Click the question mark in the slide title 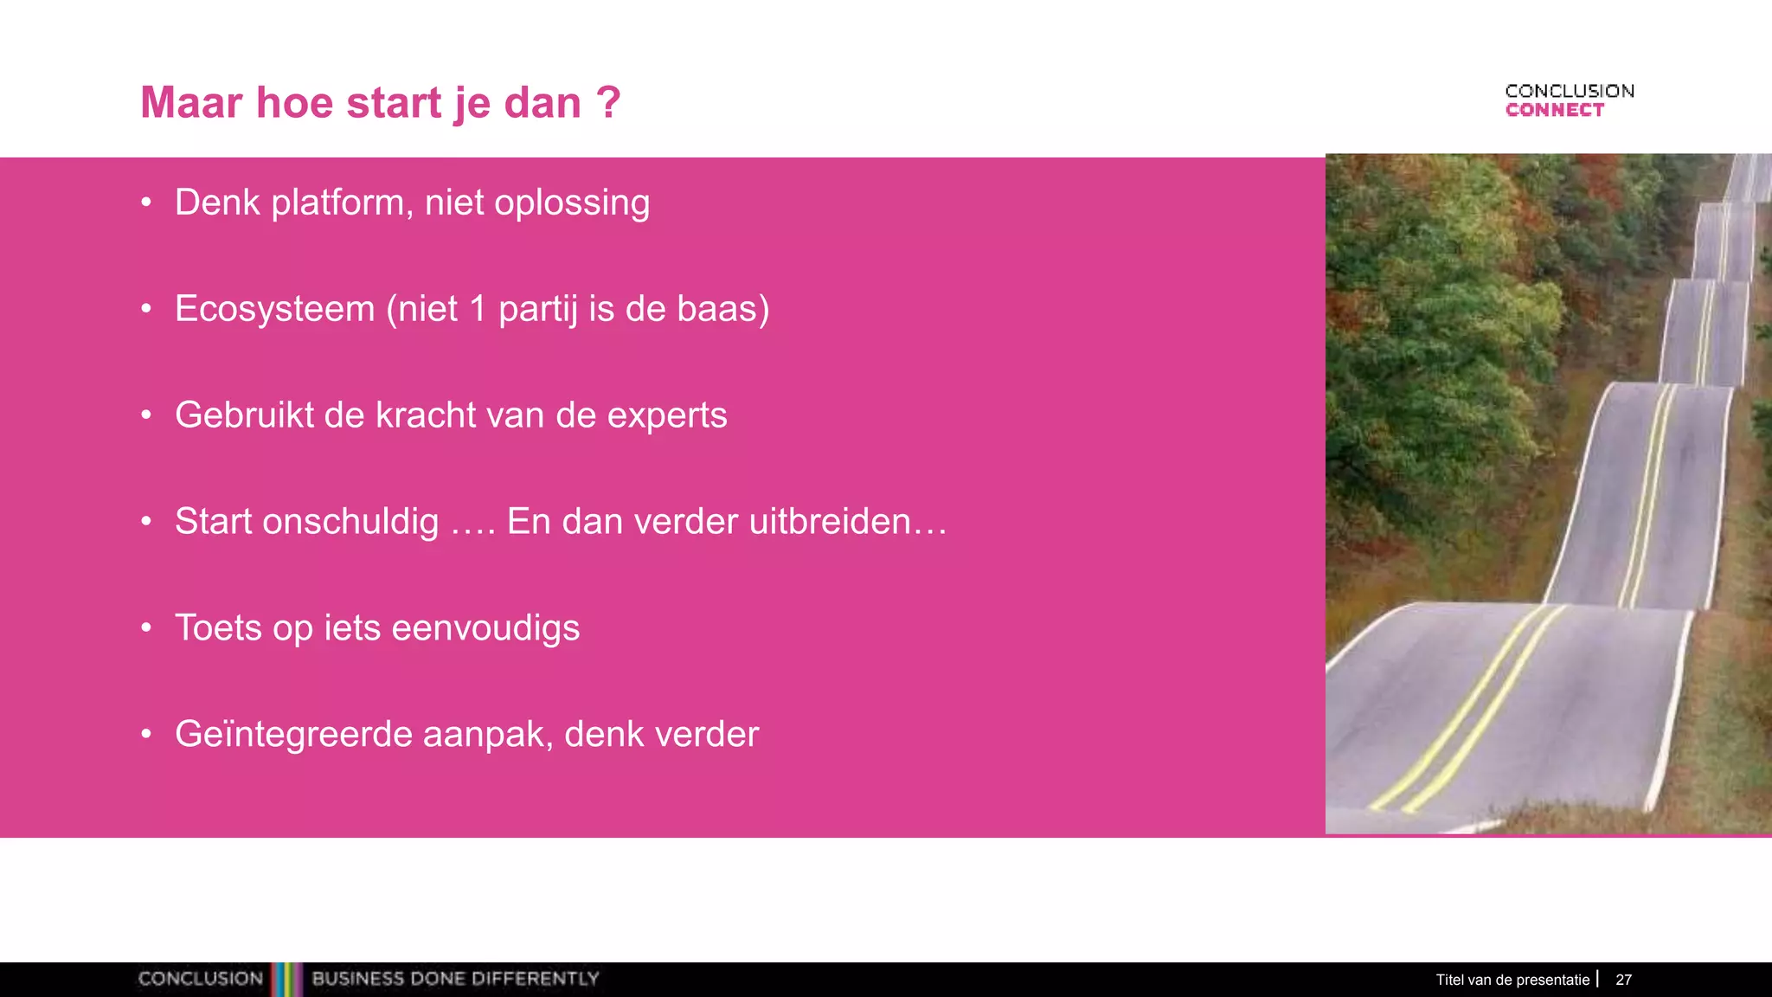click(608, 103)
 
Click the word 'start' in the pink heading click(394, 103)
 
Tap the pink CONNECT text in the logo click(1554, 110)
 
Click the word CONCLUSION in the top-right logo click(1570, 91)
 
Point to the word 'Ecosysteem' click(274, 309)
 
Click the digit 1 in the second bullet click(478, 309)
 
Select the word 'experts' click(666, 415)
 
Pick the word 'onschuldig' click(350, 523)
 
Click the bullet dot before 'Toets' click(146, 627)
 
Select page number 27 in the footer click(1623, 980)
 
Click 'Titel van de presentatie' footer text click(1512, 980)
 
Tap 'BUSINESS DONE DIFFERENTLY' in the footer click(455, 979)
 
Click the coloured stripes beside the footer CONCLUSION click(286, 979)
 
